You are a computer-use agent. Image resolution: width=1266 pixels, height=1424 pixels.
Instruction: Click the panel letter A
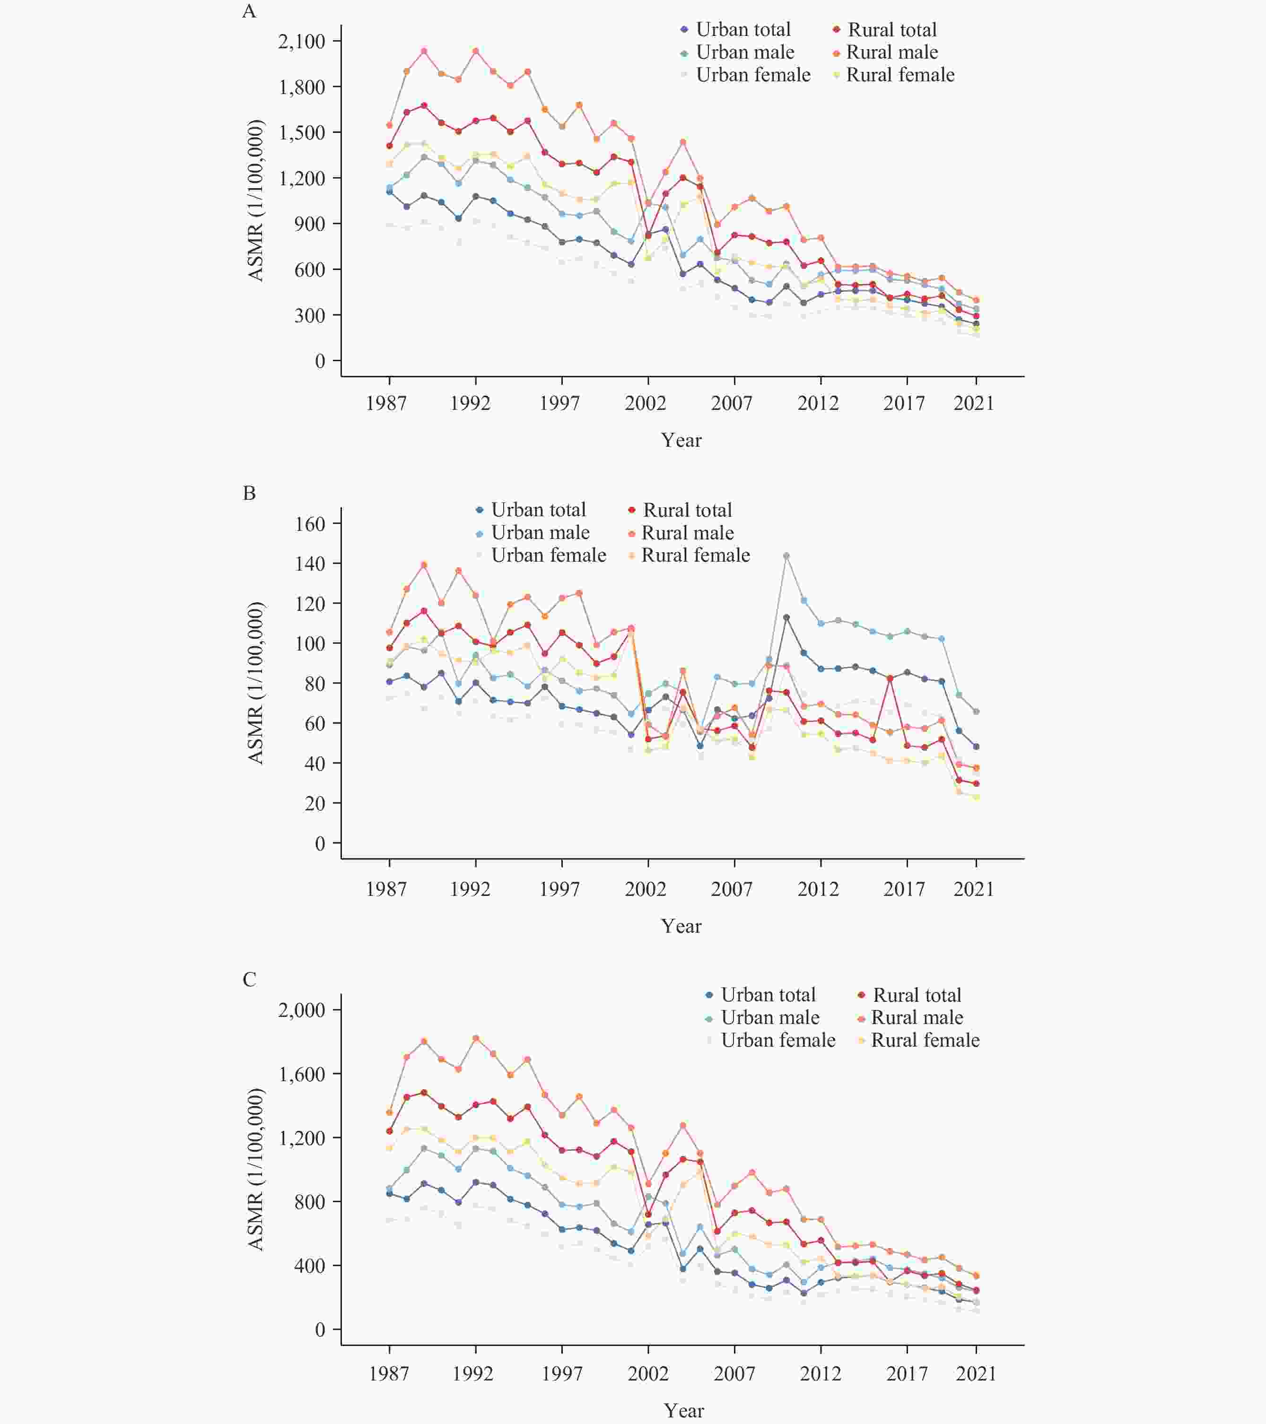click(249, 11)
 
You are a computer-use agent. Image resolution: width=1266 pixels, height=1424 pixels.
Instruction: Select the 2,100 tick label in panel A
click(302, 42)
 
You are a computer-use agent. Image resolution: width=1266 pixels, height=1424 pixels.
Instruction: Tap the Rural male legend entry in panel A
click(891, 52)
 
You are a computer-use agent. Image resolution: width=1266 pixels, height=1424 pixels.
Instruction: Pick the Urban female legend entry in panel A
click(752, 75)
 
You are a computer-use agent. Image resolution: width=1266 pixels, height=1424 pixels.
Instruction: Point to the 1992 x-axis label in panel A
click(470, 403)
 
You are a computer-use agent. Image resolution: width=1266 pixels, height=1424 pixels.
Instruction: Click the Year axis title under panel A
click(681, 440)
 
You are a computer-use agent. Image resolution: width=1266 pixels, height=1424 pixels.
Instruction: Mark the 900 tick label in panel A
click(310, 224)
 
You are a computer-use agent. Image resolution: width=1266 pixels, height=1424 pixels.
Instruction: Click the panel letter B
click(249, 493)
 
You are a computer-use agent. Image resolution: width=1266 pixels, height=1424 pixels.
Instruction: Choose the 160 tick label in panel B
click(310, 524)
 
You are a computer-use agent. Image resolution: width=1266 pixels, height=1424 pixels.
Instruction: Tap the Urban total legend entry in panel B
click(538, 510)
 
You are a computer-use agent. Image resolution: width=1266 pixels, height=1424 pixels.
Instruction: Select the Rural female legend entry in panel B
click(695, 555)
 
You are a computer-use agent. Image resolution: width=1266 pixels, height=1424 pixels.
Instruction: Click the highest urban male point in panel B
click(786, 556)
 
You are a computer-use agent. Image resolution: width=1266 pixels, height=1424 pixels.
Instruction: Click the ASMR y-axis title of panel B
click(256, 683)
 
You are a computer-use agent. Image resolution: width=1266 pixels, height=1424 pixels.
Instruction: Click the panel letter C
click(249, 980)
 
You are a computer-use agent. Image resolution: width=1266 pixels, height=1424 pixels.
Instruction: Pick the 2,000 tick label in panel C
click(302, 1010)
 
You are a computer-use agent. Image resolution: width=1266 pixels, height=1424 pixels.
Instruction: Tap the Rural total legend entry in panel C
click(916, 995)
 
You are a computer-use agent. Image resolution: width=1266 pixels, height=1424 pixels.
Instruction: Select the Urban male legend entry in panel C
click(769, 1018)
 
